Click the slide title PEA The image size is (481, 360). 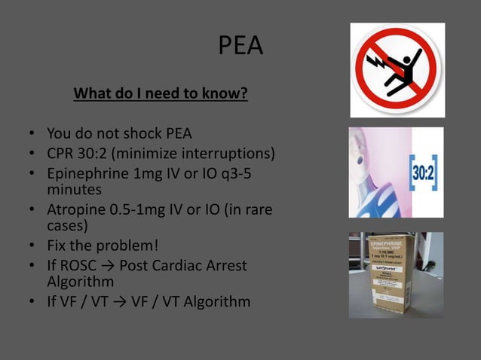pos(240,47)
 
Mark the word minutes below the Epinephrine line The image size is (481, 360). pos(75,190)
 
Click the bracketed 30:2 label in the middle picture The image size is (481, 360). pos(423,173)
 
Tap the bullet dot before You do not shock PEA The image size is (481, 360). pos(33,135)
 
